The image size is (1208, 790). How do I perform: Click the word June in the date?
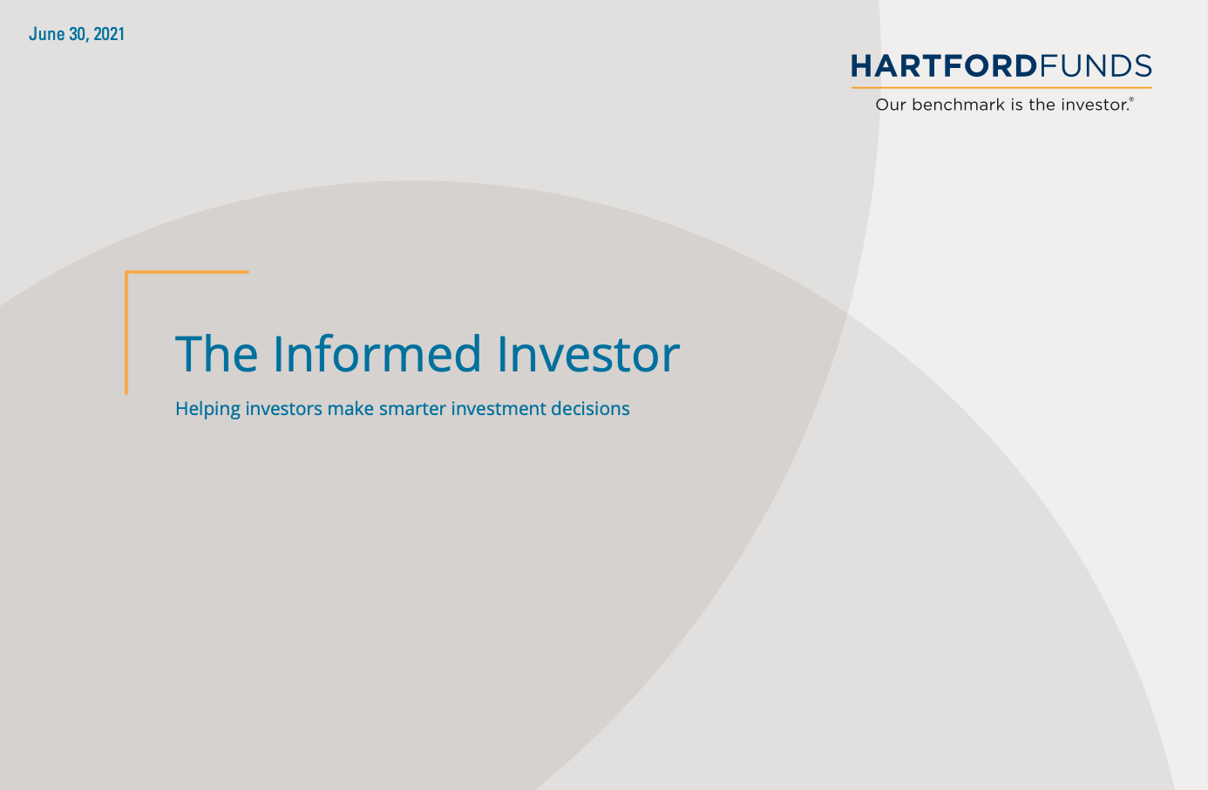[x=47, y=34]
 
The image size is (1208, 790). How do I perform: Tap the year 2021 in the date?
[x=109, y=34]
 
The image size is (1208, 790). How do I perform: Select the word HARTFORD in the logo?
[x=944, y=66]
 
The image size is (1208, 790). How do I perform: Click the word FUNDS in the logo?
[x=1096, y=66]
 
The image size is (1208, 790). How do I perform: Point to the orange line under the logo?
[x=1001, y=87]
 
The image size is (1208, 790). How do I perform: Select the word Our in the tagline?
[x=891, y=105]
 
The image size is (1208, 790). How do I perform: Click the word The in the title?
[x=217, y=354]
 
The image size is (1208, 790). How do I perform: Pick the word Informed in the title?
[x=377, y=353]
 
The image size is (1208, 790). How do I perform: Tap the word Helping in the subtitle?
[x=207, y=409]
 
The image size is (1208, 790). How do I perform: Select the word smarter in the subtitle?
[x=412, y=409]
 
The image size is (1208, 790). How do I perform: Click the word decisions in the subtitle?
[x=590, y=408]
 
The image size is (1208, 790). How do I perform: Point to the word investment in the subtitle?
[x=499, y=408]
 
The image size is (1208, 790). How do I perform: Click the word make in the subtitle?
[x=350, y=408]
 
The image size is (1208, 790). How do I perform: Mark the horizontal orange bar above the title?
[x=187, y=272]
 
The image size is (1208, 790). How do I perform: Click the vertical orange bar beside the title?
[x=126, y=332]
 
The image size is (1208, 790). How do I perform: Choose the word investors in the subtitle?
[x=283, y=408]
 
